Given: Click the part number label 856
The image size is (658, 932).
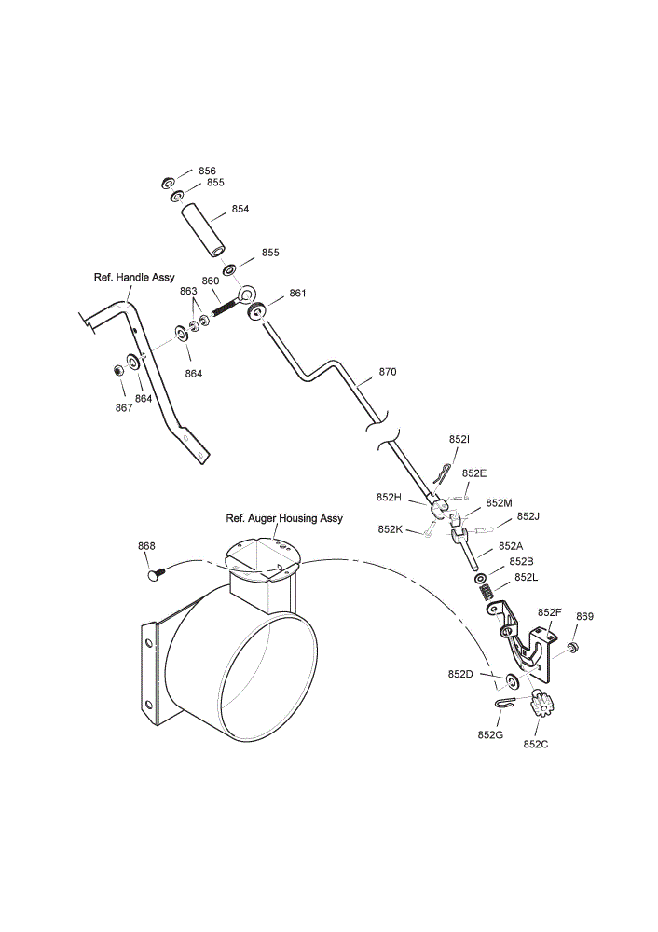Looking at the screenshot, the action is tap(208, 171).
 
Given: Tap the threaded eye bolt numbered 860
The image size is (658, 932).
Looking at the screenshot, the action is tap(234, 301).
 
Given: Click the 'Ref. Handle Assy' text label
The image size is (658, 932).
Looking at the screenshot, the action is tap(134, 278).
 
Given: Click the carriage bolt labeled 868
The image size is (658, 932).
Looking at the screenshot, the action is tap(156, 575).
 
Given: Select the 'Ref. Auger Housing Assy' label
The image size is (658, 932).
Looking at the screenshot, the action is tap(284, 518).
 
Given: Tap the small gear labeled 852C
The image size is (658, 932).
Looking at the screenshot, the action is tap(539, 704).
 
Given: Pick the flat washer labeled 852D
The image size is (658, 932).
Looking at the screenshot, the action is tap(512, 679).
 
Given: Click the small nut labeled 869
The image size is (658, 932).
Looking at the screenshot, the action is tap(573, 647).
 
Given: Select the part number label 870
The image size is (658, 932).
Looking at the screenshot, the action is tap(388, 372).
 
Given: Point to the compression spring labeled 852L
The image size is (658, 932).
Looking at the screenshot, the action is tap(487, 593).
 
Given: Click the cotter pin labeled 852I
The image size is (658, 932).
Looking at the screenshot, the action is tap(442, 476).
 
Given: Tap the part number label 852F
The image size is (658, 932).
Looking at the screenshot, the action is tap(549, 612).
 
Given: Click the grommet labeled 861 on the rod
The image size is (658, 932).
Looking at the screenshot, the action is tap(257, 311).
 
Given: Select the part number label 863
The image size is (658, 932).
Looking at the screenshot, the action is tap(188, 291).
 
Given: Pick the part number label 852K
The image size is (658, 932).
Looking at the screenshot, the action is tap(390, 529).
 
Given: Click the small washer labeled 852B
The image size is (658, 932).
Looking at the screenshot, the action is tap(480, 578).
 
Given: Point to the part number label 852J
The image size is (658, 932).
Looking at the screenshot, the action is tap(528, 516).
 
